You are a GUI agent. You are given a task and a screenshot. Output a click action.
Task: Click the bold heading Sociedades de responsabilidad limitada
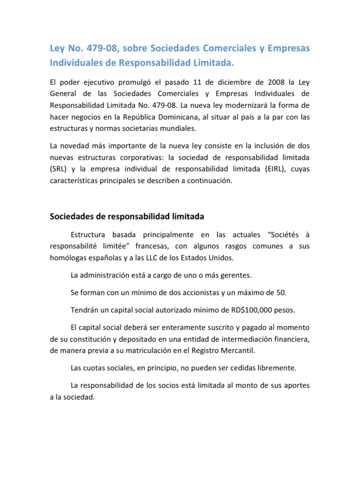tap(127, 217)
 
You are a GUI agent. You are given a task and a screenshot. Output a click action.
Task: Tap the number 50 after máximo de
tap(280, 292)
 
